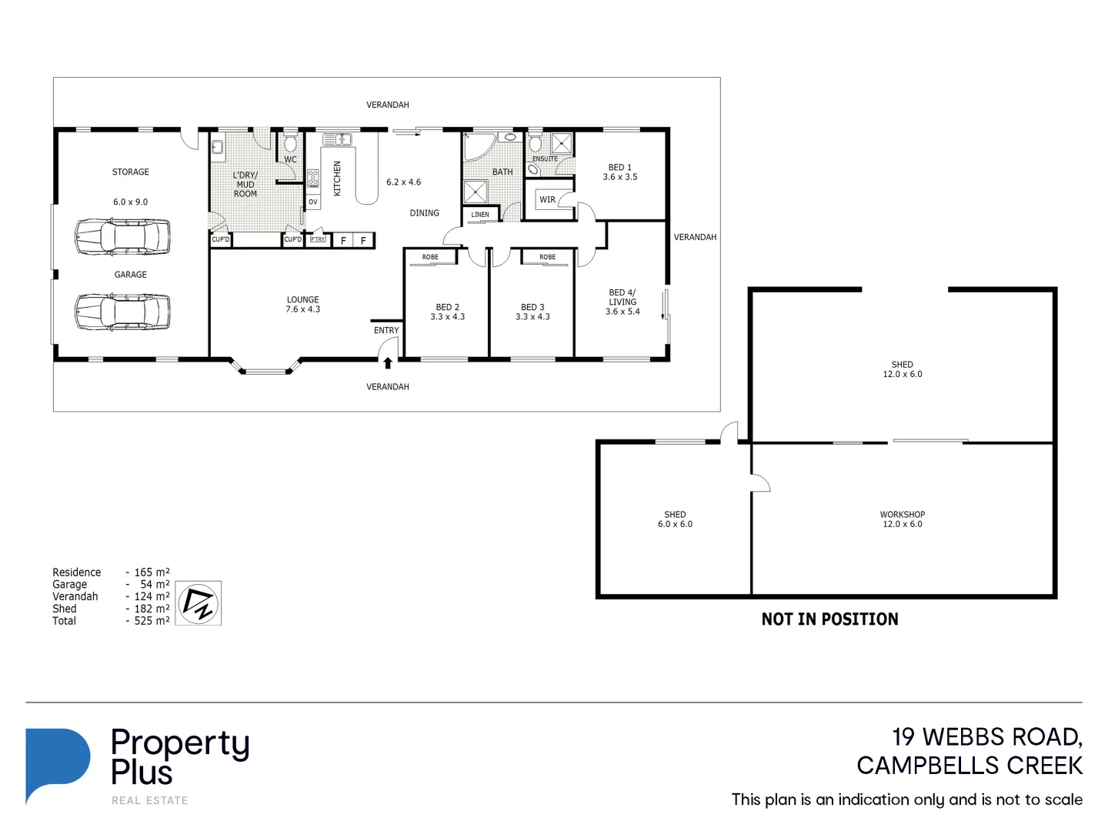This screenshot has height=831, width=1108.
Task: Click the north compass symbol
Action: tap(199, 603)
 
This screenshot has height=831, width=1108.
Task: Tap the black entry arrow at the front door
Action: tap(388, 363)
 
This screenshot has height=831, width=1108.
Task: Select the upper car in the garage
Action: tap(122, 236)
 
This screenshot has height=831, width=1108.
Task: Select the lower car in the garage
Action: tap(122, 312)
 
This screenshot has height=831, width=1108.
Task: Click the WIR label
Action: tap(547, 200)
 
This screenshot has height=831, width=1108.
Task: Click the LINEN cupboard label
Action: tap(480, 215)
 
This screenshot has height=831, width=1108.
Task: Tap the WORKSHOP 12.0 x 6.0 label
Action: tap(902, 519)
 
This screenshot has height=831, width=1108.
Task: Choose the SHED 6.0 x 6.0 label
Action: tap(675, 519)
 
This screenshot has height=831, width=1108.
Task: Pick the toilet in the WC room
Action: tap(290, 144)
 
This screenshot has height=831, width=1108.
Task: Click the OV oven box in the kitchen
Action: tap(313, 202)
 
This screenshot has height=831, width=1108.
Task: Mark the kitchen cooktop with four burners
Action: tap(313, 179)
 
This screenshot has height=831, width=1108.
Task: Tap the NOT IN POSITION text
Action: tap(829, 619)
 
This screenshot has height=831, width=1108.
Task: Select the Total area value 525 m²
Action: tap(152, 621)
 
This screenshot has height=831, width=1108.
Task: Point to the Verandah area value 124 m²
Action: tap(152, 596)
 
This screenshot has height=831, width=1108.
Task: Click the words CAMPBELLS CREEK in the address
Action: tap(969, 766)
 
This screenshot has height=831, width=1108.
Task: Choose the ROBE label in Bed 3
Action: tap(547, 257)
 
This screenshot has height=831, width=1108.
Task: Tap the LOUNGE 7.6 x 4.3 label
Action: tap(302, 305)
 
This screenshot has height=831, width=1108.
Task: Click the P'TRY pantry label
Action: tap(318, 239)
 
